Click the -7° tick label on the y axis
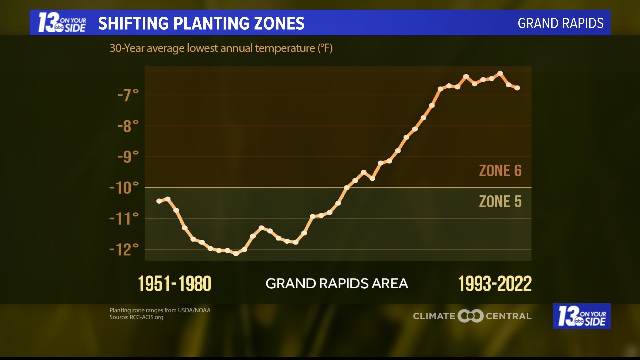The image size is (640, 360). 128,95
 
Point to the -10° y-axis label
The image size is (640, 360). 124,188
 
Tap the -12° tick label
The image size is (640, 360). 124,250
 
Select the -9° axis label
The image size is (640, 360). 128,157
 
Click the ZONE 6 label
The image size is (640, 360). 500,171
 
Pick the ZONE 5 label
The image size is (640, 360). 500,202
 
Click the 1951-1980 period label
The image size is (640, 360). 175,284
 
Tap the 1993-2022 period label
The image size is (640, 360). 495,284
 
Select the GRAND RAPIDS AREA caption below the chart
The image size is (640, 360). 337,284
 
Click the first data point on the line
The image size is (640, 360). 159,201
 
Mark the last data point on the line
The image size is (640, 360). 517,88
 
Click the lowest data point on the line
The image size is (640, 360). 236,253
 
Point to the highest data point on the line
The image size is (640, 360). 500,74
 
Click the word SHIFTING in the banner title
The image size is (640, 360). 133,23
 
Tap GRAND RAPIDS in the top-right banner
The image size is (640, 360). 560,23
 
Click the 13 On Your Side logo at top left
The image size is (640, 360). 62,23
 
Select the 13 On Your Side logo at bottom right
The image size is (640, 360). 582,316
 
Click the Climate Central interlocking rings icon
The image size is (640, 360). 470,316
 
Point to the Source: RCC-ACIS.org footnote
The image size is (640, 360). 136,317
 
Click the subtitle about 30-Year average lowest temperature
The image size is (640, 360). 221,48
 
